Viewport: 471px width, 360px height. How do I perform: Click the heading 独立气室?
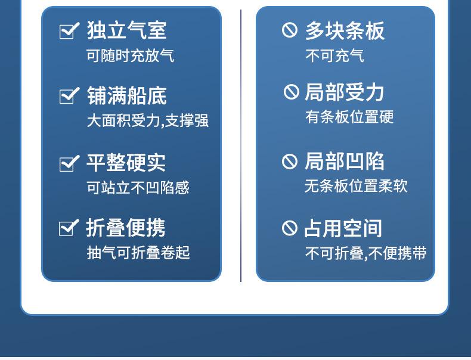coord(126,30)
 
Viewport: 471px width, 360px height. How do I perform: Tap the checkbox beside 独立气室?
coord(69,30)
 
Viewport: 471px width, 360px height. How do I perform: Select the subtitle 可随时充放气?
coord(131,55)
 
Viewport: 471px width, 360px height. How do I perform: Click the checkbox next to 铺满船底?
coord(69,95)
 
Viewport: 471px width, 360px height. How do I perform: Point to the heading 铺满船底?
coord(127,96)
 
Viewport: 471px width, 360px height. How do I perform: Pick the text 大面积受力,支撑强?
coord(147,121)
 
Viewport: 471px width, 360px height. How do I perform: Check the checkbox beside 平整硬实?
coord(69,163)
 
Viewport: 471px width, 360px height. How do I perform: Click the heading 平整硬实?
coord(126,163)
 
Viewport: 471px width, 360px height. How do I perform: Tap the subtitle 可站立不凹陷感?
coord(138,188)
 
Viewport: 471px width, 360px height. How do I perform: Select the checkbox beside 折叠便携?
coord(69,228)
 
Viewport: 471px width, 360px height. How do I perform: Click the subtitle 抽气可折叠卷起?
coord(138,253)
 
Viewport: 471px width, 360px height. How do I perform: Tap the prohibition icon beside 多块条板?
coord(290,30)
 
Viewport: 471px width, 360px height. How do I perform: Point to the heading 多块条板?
coord(345,31)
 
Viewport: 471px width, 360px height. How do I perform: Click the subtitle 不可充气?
coord(334,56)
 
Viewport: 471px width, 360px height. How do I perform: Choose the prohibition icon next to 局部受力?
coord(292,92)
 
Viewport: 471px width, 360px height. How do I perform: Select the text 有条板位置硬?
coord(349,117)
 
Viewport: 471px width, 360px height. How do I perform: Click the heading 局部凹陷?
coord(345,162)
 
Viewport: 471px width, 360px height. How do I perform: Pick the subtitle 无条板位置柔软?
coord(357,186)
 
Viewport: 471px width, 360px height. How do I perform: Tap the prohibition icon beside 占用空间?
coord(290,228)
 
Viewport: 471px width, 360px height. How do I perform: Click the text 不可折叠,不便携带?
coord(366,253)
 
